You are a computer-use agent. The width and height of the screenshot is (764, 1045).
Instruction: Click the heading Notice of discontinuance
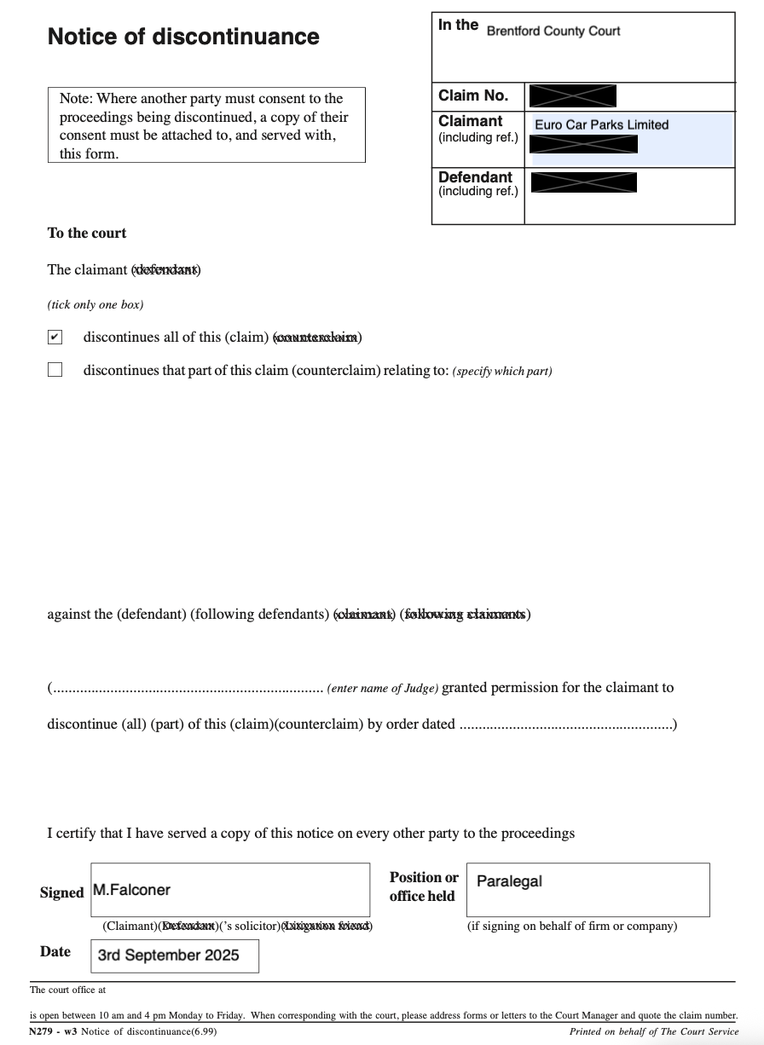[x=183, y=37]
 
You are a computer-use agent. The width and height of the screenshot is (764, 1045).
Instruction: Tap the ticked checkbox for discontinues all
[x=55, y=337]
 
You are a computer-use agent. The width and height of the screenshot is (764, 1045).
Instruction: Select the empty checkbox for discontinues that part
[x=55, y=370]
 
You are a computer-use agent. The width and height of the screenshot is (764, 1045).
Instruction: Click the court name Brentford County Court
[x=553, y=32]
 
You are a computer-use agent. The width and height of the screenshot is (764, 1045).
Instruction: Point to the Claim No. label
[x=473, y=95]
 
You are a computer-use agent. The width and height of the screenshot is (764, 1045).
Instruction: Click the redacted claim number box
[x=572, y=95]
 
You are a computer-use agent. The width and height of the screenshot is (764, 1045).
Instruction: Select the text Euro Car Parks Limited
[x=601, y=124]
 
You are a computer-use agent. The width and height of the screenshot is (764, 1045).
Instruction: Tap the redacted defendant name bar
[x=583, y=182]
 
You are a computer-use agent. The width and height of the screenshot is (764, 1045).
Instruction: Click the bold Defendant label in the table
[x=475, y=177]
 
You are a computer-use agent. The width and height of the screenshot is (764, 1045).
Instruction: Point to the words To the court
[x=87, y=233]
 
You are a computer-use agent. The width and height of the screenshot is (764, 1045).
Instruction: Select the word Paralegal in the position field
[x=509, y=881]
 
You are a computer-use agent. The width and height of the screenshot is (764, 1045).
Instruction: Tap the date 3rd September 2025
[x=168, y=956]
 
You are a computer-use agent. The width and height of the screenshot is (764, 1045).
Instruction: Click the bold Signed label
[x=61, y=892]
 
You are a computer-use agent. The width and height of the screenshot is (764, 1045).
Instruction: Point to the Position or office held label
[x=423, y=886]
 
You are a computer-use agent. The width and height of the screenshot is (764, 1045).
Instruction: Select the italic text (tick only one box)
[x=95, y=304]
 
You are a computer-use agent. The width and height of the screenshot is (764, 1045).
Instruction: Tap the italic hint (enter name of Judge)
[x=382, y=689]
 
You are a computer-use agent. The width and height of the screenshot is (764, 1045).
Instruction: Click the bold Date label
[x=55, y=951]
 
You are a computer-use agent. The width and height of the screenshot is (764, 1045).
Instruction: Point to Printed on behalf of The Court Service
[x=653, y=1031]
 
